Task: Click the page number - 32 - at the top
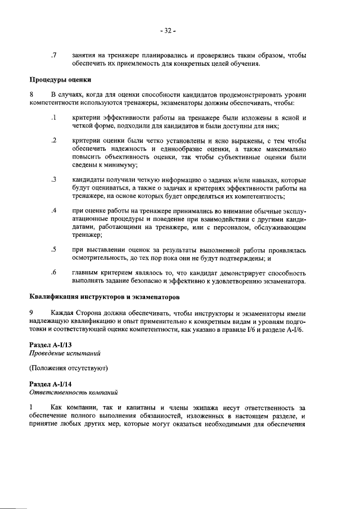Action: [168, 30]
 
